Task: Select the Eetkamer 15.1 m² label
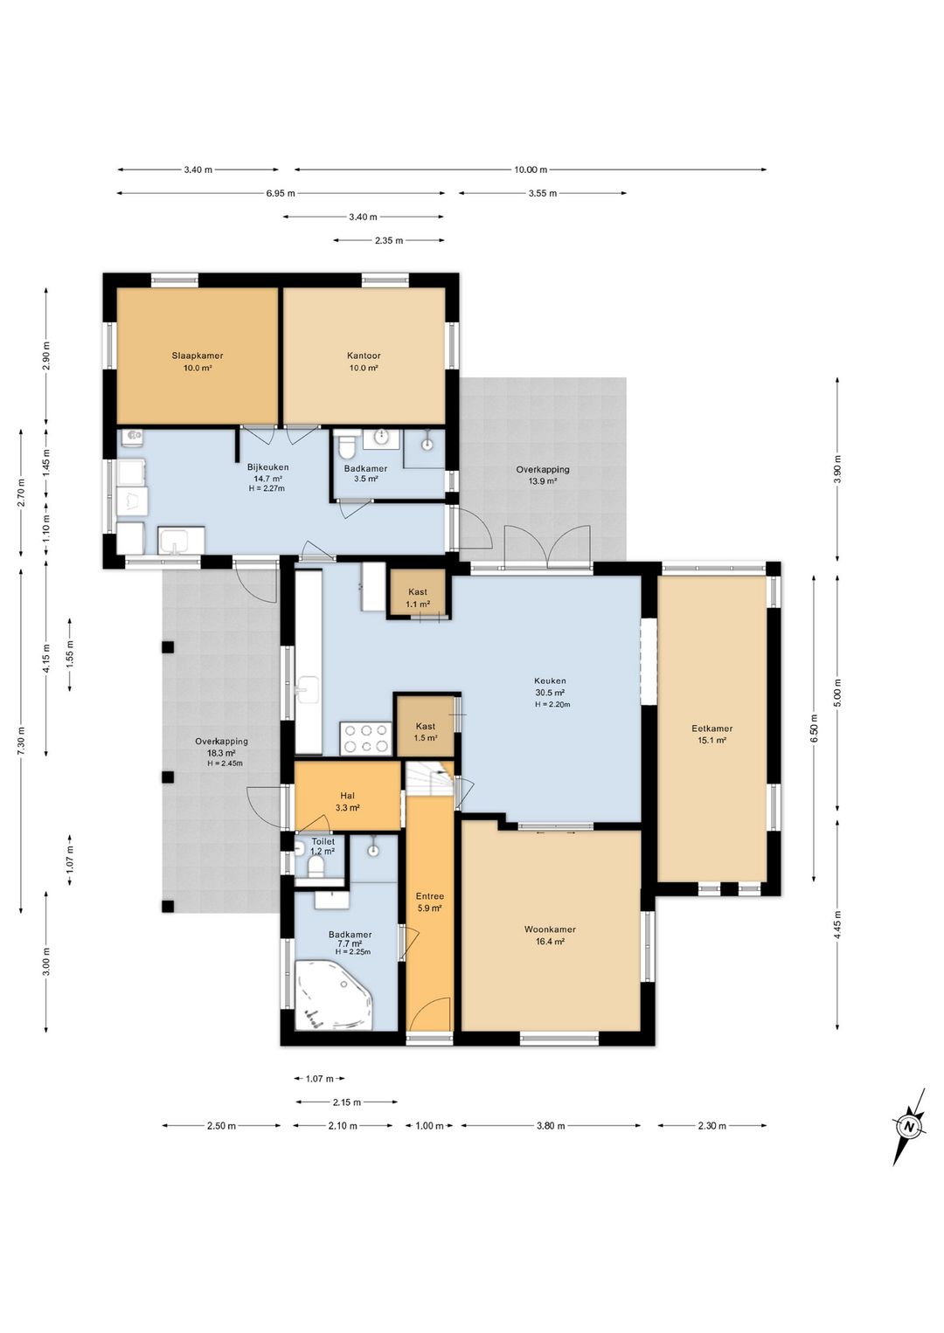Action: coord(711,734)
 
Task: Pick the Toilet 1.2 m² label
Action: coord(323,846)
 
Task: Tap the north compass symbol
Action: coord(909,1127)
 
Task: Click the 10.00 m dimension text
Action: coord(530,169)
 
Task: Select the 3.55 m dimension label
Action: coord(543,193)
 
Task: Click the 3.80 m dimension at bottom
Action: coord(551,1125)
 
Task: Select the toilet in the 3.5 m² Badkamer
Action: coord(347,445)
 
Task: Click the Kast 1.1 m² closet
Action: coord(418,594)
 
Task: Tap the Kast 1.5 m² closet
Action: coord(426,726)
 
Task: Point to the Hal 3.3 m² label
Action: coord(347,801)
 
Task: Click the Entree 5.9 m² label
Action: coord(429,902)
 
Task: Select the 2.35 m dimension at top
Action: coord(389,240)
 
